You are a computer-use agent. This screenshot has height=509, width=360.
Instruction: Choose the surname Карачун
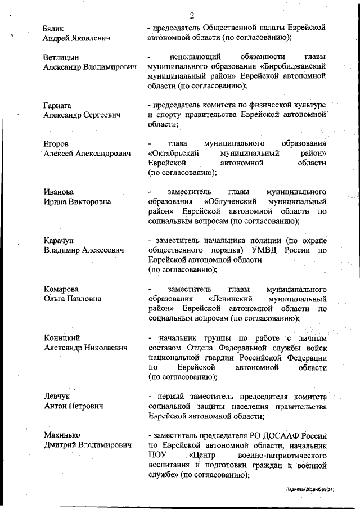tap(59, 240)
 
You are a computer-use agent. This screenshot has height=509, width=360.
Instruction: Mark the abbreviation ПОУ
tap(157, 454)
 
